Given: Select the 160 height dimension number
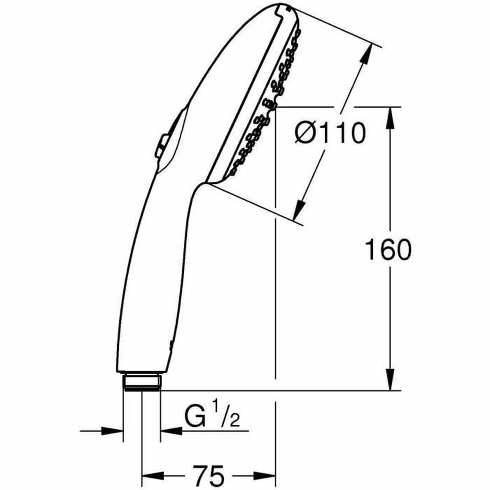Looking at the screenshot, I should tap(388, 250).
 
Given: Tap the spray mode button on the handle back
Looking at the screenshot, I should tap(160, 145).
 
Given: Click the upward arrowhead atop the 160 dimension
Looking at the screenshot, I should tap(391, 119).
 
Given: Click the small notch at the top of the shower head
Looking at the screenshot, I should tap(282, 7).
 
